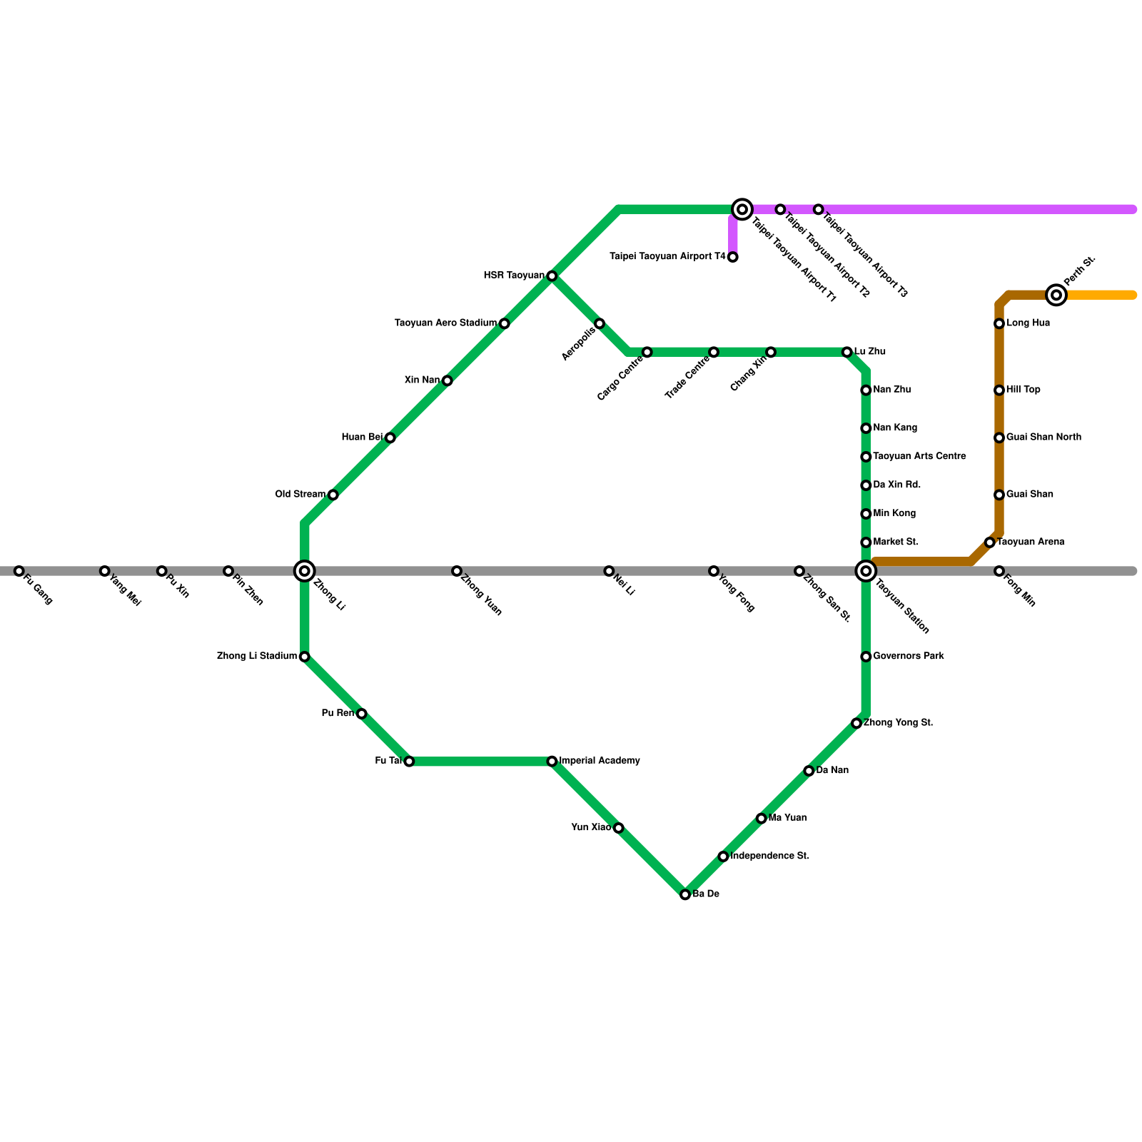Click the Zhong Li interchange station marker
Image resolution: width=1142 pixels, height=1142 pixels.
click(305, 570)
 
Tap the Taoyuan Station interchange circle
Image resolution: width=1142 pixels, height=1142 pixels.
click(866, 570)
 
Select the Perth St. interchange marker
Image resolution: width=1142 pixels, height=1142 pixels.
click(1056, 295)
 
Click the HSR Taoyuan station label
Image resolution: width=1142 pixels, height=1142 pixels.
click(514, 276)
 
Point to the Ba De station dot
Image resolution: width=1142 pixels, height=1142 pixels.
click(685, 894)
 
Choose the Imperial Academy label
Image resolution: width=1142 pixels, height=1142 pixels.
click(600, 761)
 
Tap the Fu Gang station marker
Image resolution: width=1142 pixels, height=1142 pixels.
click(19, 571)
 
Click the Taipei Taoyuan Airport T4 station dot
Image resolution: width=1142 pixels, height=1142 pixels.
click(733, 257)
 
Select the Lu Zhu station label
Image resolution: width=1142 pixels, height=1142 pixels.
click(870, 352)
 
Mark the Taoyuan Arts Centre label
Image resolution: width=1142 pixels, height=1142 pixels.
click(919, 456)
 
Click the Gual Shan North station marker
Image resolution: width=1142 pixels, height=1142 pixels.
click(999, 438)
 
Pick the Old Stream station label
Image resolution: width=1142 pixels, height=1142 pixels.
click(300, 495)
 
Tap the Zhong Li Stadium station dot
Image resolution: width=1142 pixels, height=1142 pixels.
click(305, 657)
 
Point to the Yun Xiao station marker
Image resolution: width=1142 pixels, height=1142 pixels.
click(619, 828)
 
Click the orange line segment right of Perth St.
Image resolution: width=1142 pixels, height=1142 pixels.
click(1103, 295)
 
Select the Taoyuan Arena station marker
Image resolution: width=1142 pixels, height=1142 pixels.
click(990, 542)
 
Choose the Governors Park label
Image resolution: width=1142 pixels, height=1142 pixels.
click(909, 656)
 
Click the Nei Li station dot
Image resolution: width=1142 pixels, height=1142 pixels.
click(609, 571)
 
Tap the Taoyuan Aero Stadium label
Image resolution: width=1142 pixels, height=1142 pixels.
click(445, 323)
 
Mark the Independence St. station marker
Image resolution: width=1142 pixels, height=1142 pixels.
click(723, 856)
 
